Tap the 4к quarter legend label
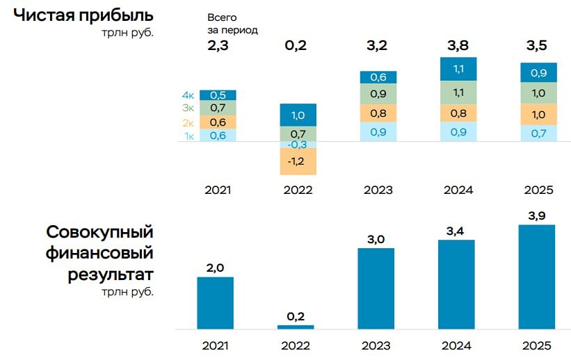[188, 95]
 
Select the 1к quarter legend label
[188, 136]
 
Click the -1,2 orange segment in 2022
[298, 161]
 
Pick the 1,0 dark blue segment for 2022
[298, 115]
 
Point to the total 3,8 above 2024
[458, 47]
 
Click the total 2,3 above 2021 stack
[218, 47]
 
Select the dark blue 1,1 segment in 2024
[458, 69]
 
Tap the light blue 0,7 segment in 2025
[538, 133]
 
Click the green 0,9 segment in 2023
[378, 94]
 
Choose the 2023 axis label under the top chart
[378, 190]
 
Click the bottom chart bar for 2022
[296, 327]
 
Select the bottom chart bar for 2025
[537, 277]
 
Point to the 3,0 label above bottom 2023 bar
[376, 239]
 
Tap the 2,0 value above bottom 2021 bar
[215, 268]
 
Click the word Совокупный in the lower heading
[99, 232]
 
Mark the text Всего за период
[232, 24]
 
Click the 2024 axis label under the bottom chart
[457, 345]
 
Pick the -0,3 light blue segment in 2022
[298, 145]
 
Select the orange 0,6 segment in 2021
[218, 122]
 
